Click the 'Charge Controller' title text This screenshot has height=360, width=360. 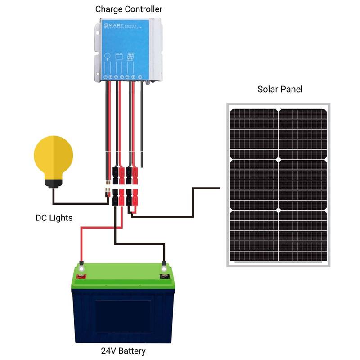(x=129, y=9)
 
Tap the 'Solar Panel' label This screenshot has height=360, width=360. (x=279, y=89)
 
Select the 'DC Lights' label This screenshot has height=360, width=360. (x=54, y=218)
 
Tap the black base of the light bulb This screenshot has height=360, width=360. (x=53, y=183)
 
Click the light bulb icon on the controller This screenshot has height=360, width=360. (x=108, y=57)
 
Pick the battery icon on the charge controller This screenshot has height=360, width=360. (x=119, y=57)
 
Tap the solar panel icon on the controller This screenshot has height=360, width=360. (x=130, y=57)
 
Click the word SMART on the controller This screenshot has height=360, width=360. (x=112, y=26)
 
